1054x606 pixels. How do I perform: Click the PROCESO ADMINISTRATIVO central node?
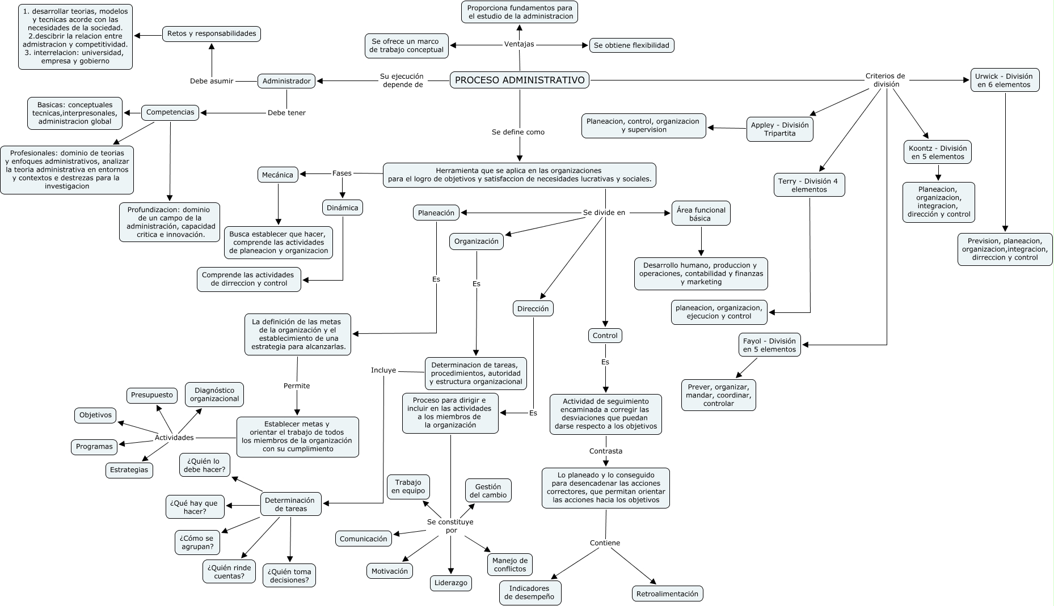click(x=520, y=80)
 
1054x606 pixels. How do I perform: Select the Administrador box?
click(x=286, y=81)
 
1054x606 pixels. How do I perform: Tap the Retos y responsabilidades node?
click(x=212, y=33)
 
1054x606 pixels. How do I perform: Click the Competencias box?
click(x=170, y=112)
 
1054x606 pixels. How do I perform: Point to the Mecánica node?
click(x=278, y=175)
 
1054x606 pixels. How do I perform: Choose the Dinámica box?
click(x=343, y=207)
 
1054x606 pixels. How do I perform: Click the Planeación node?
click(x=436, y=213)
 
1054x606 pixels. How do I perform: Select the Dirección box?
click(x=533, y=309)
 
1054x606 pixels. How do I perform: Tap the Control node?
click(x=605, y=336)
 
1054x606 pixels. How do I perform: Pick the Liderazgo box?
click(x=451, y=583)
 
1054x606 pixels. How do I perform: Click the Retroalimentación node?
click(x=667, y=594)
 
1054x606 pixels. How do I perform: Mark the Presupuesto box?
click(x=152, y=395)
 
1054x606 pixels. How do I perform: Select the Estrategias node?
click(x=129, y=470)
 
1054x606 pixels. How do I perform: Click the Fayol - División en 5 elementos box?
click(x=770, y=345)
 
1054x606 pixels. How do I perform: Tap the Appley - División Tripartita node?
click(x=780, y=129)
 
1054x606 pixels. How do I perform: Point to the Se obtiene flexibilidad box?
click(x=632, y=45)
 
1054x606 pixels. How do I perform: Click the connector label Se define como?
click(x=518, y=132)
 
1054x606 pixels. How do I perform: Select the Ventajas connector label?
click(x=519, y=44)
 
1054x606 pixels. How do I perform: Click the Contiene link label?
click(x=605, y=543)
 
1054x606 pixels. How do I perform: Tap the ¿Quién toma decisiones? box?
click(x=289, y=576)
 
